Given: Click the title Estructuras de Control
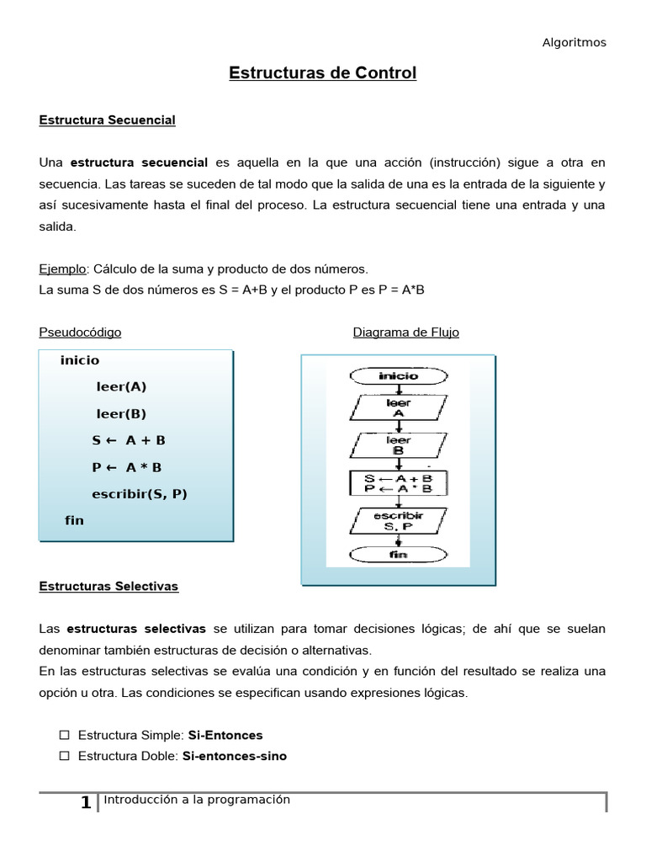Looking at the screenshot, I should [323, 73].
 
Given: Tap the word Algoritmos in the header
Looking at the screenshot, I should [574, 42].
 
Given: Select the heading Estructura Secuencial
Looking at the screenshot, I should [107, 120].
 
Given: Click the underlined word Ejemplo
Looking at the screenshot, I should [62, 269].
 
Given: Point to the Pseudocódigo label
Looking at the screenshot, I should [80, 333].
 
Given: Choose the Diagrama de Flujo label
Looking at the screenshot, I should [405, 333].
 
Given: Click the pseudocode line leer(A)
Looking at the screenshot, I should [121, 387].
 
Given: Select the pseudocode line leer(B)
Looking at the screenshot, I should [121, 414].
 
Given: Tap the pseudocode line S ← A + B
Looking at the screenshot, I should [129, 440].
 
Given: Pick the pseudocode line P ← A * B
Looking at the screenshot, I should [127, 467].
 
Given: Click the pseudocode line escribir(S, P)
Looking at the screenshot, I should [140, 494].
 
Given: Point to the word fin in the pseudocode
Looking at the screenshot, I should [75, 520].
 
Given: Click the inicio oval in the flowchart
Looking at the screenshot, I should [398, 375].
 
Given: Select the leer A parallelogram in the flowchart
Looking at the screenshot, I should [398, 408].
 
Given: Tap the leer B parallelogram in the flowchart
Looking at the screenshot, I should [398, 445].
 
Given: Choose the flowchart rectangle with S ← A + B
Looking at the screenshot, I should [398, 482].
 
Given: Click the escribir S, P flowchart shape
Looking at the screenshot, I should [398, 520].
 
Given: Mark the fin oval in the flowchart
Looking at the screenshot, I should [398, 555].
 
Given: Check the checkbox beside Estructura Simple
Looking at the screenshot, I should [63, 736].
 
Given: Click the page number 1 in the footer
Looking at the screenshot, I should [86, 803].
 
